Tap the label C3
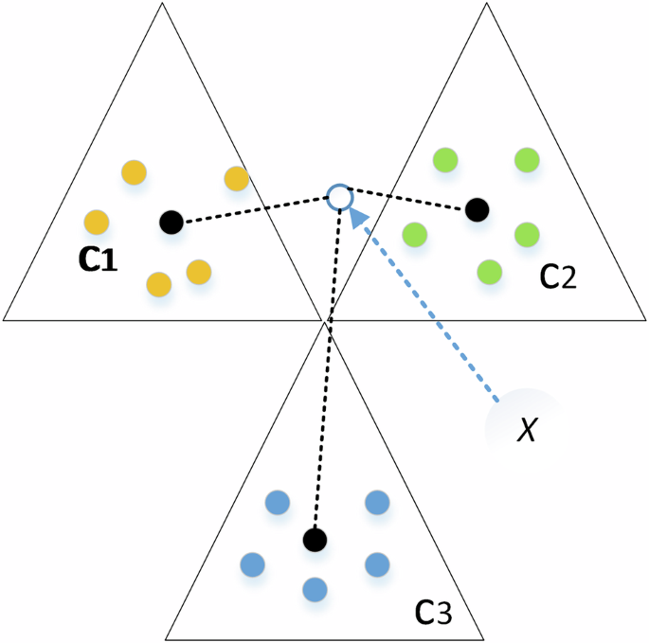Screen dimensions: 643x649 (x=434, y=615)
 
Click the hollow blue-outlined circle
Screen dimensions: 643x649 (x=339, y=197)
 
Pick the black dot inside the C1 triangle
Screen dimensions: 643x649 (x=171, y=222)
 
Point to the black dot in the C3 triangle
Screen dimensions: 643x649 (x=315, y=540)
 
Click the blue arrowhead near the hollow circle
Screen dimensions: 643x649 (x=357, y=219)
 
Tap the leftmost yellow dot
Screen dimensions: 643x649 (x=96, y=223)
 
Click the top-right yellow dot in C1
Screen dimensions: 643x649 (x=236, y=178)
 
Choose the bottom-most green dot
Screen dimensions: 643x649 (x=489, y=271)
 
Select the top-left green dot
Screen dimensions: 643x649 (x=443, y=160)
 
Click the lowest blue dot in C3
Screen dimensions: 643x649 (x=315, y=589)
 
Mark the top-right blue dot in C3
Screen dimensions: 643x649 (x=376, y=502)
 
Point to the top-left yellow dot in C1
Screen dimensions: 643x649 (x=134, y=173)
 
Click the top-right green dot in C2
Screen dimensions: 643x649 (x=527, y=160)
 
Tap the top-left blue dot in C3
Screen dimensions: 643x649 (x=277, y=502)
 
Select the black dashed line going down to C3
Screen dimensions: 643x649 (x=324, y=379)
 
